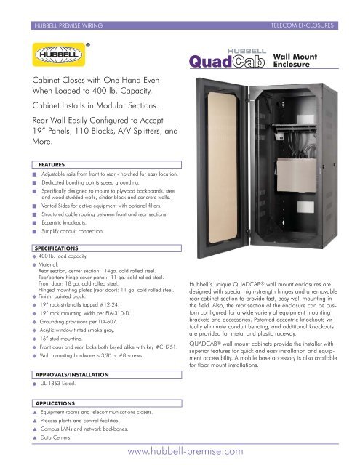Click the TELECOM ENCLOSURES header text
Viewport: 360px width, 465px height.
tap(311, 25)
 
